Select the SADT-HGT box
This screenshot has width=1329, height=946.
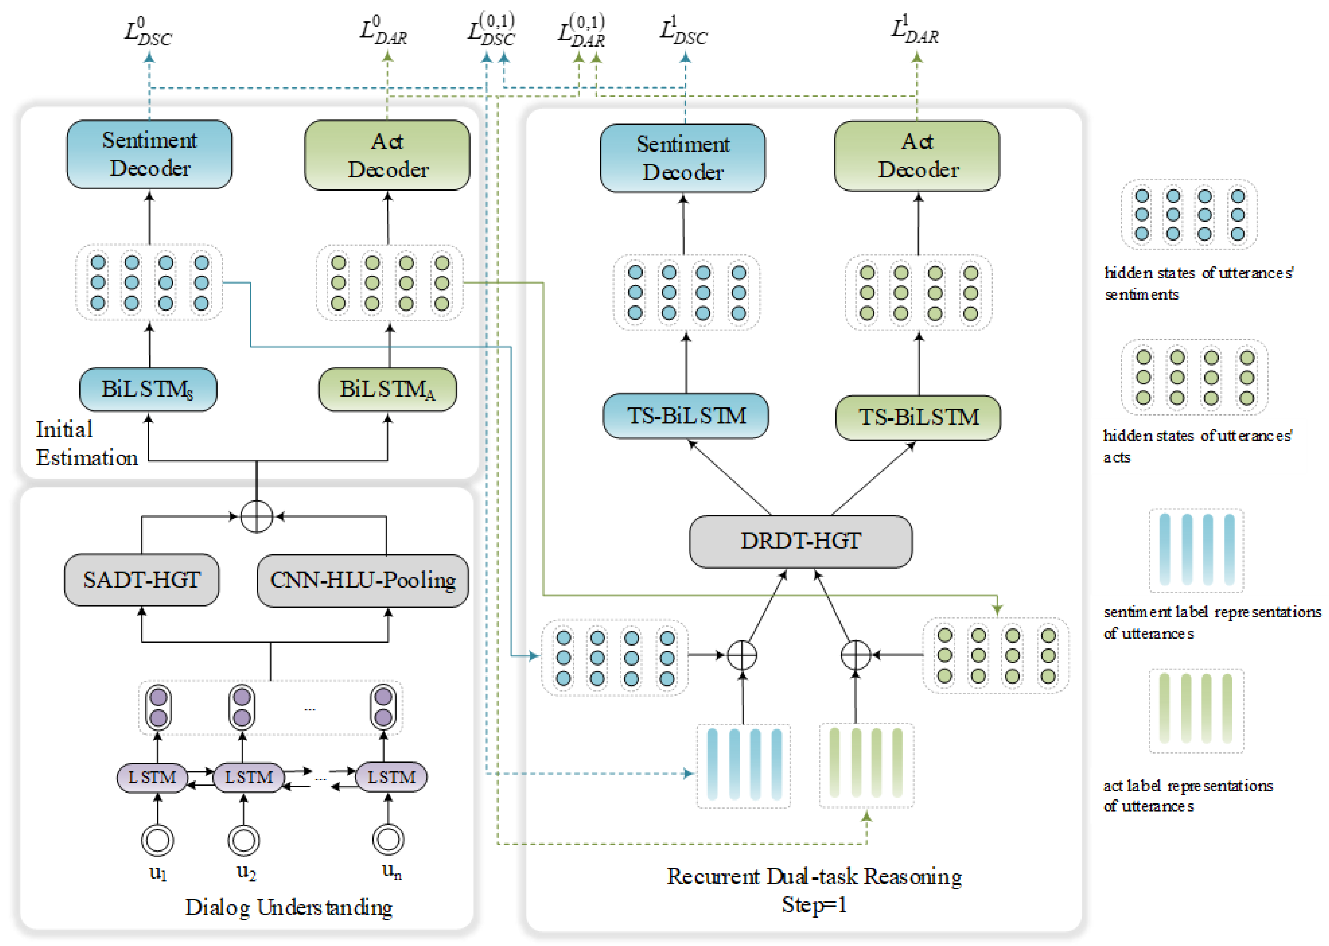[142, 580]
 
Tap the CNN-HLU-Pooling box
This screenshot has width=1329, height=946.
[362, 580]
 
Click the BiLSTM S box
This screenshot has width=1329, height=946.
[148, 389]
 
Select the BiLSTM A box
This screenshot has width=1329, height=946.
[387, 389]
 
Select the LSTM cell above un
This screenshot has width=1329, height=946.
[391, 777]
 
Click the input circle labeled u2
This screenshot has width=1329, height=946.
[243, 840]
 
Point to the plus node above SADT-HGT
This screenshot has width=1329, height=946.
[256, 516]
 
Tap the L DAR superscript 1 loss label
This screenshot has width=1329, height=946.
[914, 30]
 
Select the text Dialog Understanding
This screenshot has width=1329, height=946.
[288, 907]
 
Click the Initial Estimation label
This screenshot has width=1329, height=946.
[86, 444]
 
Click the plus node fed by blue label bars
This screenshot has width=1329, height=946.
[742, 655]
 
